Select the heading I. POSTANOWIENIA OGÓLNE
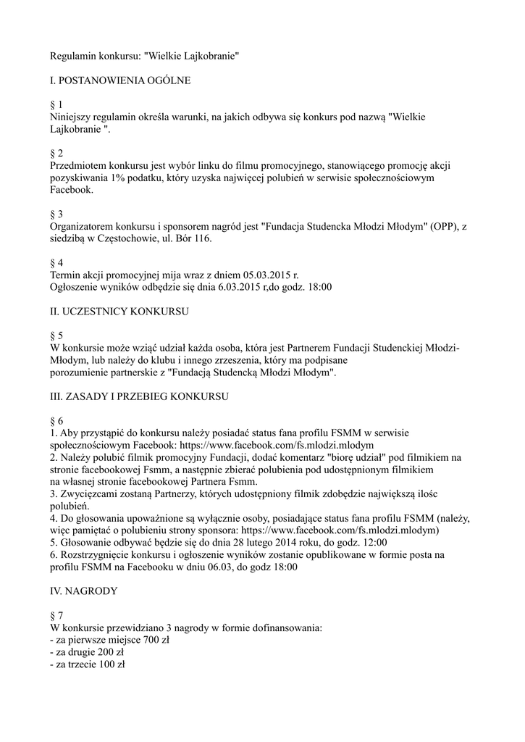[120, 80]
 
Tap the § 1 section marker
[56, 105]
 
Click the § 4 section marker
[56, 263]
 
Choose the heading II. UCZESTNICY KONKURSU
[119, 312]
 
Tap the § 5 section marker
[56, 336]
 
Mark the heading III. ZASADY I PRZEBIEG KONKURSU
[139, 397]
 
